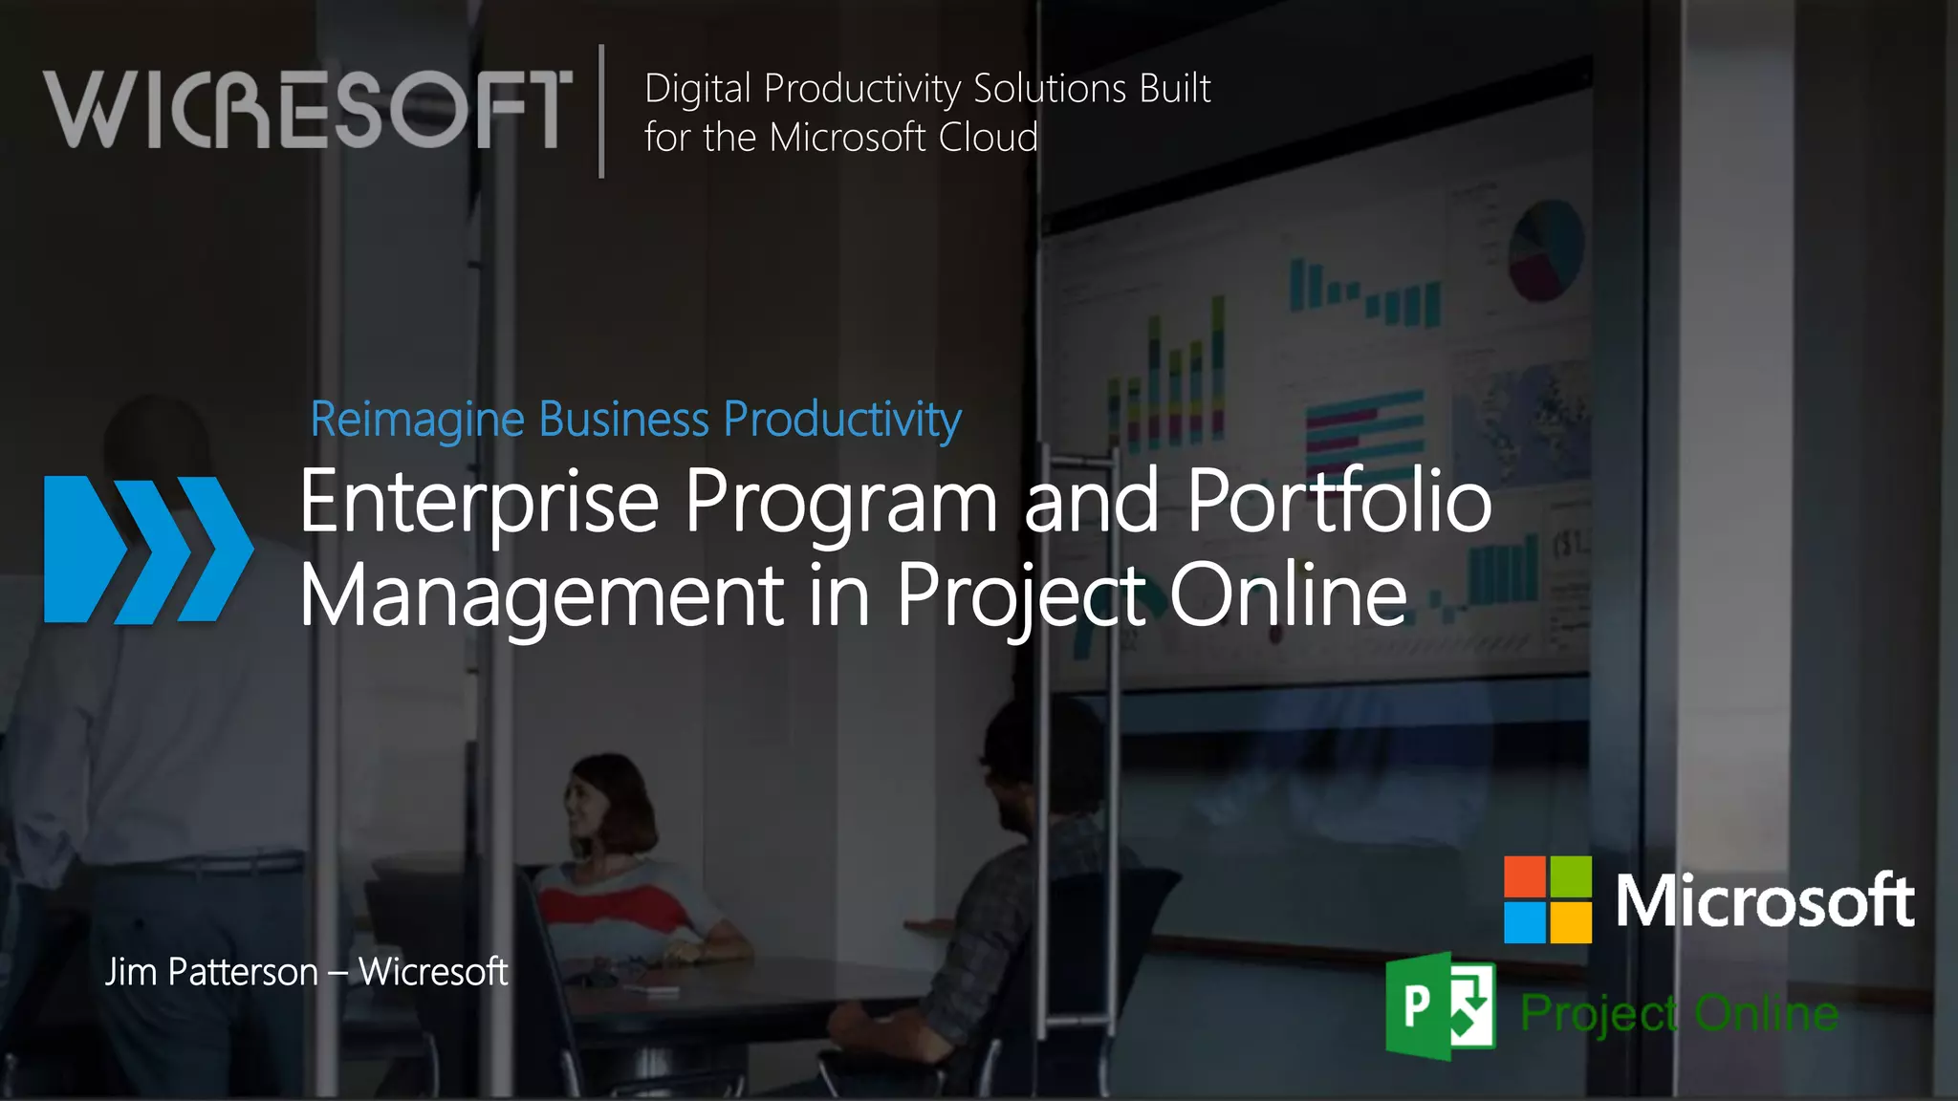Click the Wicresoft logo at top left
point(308,109)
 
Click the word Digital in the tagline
point(698,89)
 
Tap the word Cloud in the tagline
point(988,138)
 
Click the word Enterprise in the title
point(479,503)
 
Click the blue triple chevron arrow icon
point(148,550)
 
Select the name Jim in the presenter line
point(130,972)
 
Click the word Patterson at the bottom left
point(243,972)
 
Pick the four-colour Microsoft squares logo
point(1547,899)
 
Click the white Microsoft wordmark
point(1764,900)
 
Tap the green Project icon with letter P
point(1440,1005)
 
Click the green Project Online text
point(1679,1013)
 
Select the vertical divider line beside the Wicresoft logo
point(601,111)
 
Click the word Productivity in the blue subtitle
point(842,421)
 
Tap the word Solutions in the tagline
point(1050,89)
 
